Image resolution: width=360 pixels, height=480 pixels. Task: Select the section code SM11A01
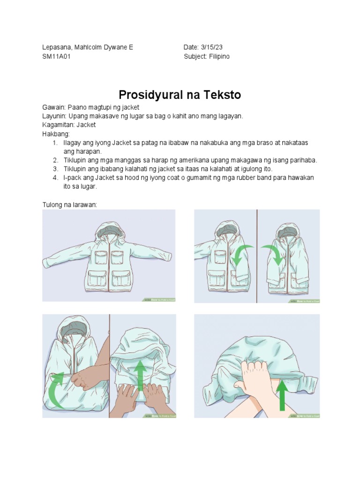57,56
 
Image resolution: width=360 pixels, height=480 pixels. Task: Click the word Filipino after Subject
219,56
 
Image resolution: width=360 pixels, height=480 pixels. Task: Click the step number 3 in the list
55,169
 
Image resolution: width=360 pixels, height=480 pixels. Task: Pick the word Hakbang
55,134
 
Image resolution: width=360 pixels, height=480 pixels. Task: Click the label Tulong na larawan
69,204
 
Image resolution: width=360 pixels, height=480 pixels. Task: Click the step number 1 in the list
55,142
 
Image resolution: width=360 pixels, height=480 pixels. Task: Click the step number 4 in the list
55,178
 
